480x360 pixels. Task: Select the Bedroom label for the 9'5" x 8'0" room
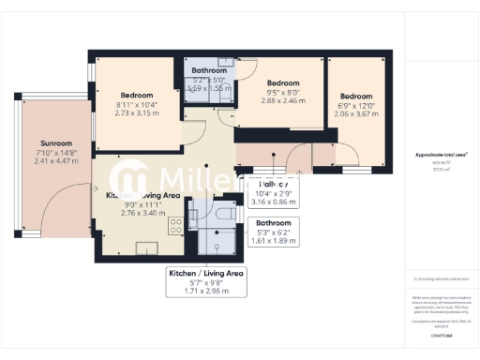pyautogui.click(x=282, y=82)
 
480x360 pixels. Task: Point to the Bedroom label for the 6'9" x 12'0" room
pyautogui.click(x=356, y=96)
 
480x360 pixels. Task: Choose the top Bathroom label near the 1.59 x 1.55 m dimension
pyautogui.click(x=209, y=70)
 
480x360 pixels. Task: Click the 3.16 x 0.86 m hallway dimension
pyautogui.click(x=277, y=201)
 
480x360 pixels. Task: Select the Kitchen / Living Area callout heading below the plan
pyautogui.click(x=205, y=273)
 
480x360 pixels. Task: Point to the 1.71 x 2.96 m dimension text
pyautogui.click(x=205, y=292)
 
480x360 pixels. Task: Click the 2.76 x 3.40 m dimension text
pyautogui.click(x=142, y=212)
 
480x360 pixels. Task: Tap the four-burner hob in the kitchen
pyautogui.click(x=173, y=226)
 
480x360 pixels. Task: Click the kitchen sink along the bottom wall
pyautogui.click(x=149, y=247)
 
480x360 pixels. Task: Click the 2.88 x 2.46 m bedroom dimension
pyautogui.click(x=282, y=99)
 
